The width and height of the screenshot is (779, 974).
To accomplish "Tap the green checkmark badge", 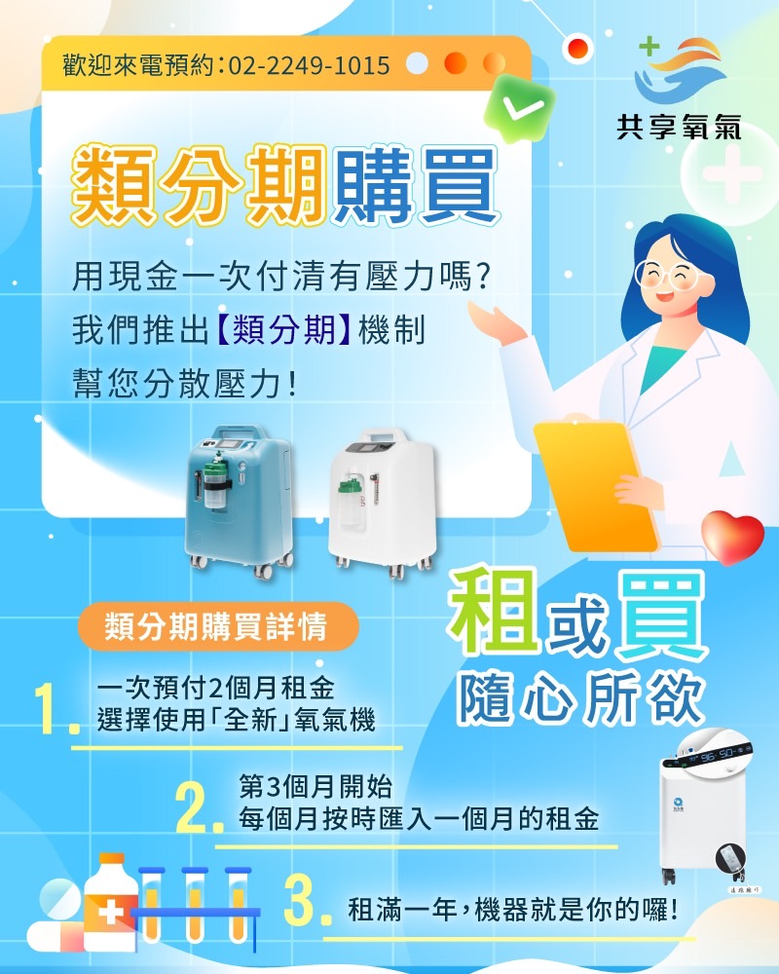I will pyautogui.click(x=519, y=108).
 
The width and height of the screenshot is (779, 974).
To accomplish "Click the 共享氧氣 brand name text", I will pyautogui.click(x=679, y=126).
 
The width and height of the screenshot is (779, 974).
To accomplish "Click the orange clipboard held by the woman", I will pyautogui.click(x=599, y=483).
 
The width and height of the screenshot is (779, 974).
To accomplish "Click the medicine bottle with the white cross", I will pyautogui.click(x=110, y=902).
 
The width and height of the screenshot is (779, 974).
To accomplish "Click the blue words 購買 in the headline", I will pyautogui.click(x=414, y=182).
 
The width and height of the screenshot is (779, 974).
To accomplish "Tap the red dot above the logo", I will pyautogui.click(x=577, y=46).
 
